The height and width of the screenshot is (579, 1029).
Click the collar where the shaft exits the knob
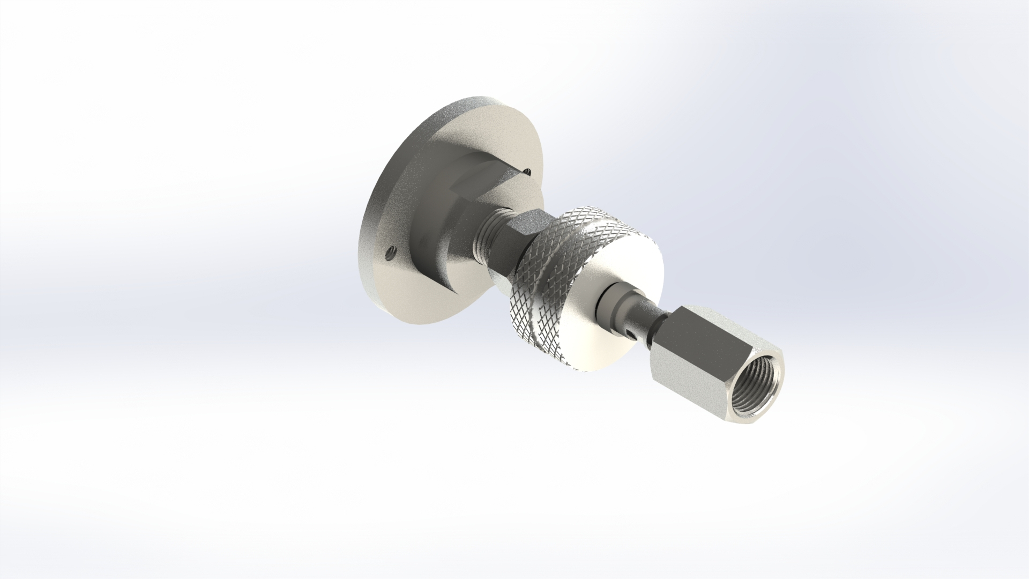(x=616, y=298)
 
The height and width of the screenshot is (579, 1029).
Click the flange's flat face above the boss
(x=482, y=129)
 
